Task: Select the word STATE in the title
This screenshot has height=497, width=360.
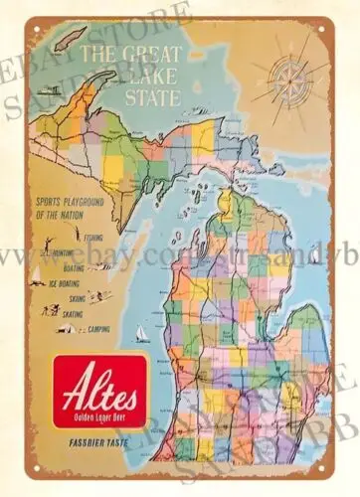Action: click(x=160, y=98)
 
